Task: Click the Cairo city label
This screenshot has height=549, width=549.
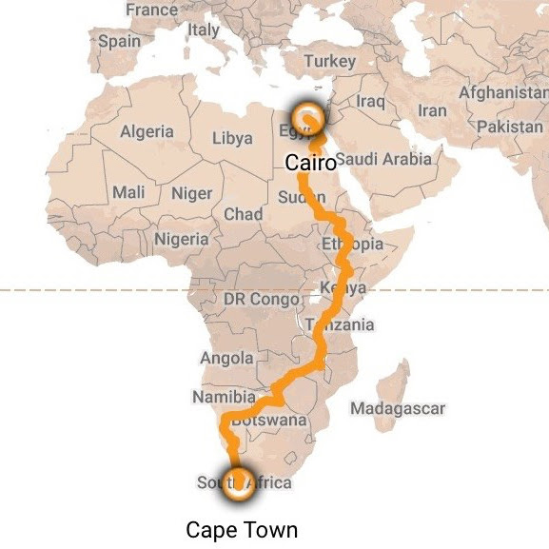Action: tap(311, 164)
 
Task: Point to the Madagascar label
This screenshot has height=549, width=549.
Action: tap(398, 408)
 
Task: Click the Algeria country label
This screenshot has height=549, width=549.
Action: tap(147, 132)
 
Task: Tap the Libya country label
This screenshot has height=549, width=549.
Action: tap(232, 139)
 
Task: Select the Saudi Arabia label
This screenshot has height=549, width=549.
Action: tap(383, 159)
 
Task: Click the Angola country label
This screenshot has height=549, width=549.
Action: tap(226, 359)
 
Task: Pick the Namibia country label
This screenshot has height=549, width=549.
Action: tap(224, 397)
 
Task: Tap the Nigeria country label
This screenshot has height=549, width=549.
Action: tap(181, 240)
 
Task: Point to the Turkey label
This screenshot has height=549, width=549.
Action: tap(329, 61)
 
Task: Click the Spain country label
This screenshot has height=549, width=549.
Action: tap(118, 42)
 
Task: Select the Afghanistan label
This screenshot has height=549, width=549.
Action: tap(503, 93)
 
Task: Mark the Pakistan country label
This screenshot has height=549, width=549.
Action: tap(510, 127)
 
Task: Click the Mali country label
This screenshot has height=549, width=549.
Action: tap(128, 192)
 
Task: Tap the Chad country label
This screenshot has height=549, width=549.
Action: tap(243, 214)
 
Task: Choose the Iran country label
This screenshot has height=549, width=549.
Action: tap(431, 110)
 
